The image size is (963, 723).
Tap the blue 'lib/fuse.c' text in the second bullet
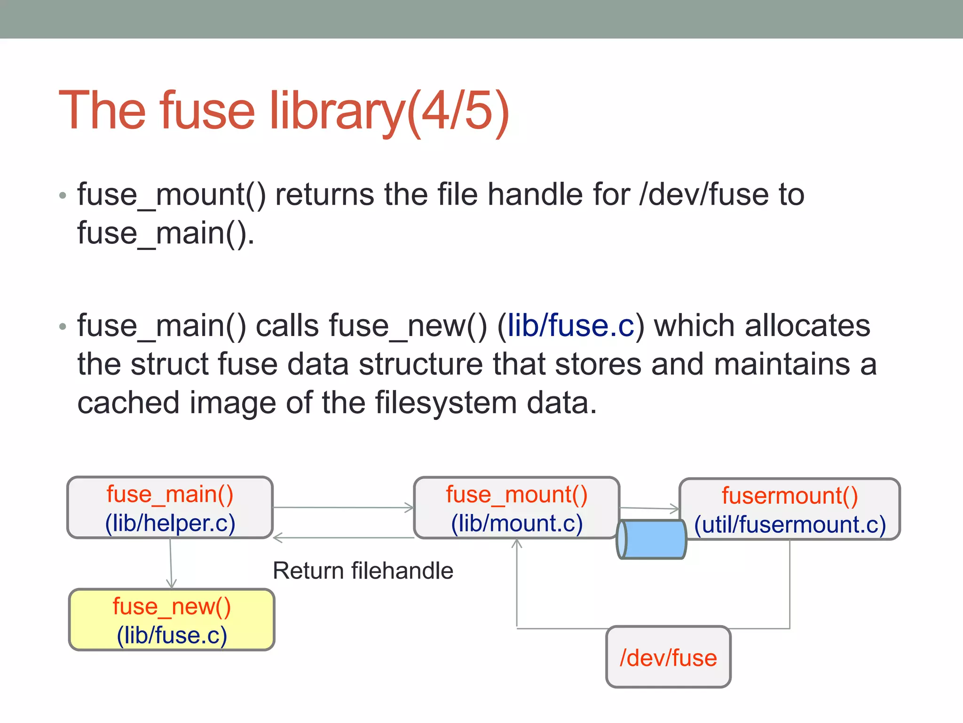(x=571, y=326)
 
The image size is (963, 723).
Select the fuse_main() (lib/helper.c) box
(x=170, y=507)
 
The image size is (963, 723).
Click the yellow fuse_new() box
(x=172, y=620)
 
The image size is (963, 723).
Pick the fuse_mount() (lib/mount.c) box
(x=516, y=508)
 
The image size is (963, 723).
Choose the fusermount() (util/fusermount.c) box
(x=790, y=509)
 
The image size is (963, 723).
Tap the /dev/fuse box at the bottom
(x=668, y=657)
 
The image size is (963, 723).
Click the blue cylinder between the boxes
(x=652, y=539)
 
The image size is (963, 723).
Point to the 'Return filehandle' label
(x=363, y=570)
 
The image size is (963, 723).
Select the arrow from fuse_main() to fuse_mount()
(x=343, y=507)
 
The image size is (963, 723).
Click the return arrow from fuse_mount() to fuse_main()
(x=343, y=538)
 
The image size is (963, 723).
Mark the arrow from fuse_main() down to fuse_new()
(x=171, y=563)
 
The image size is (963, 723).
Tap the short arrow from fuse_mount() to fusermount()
(x=649, y=508)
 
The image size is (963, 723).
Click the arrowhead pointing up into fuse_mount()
(x=517, y=544)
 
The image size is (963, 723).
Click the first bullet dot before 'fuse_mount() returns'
(x=63, y=195)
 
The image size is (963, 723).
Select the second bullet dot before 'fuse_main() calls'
(x=63, y=326)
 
